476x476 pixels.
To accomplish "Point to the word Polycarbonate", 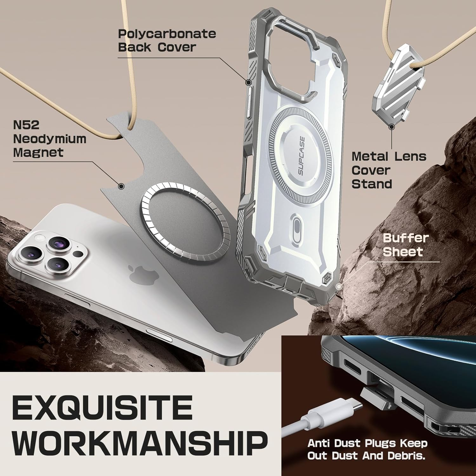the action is pos(167,34).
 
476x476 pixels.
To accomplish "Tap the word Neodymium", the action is pos(50,139).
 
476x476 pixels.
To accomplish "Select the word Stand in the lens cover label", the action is pos(372,184).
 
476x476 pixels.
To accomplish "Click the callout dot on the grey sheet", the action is pos(121,186).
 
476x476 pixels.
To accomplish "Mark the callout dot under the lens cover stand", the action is pos(392,127).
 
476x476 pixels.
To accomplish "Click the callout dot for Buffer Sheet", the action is pos(339,287).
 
